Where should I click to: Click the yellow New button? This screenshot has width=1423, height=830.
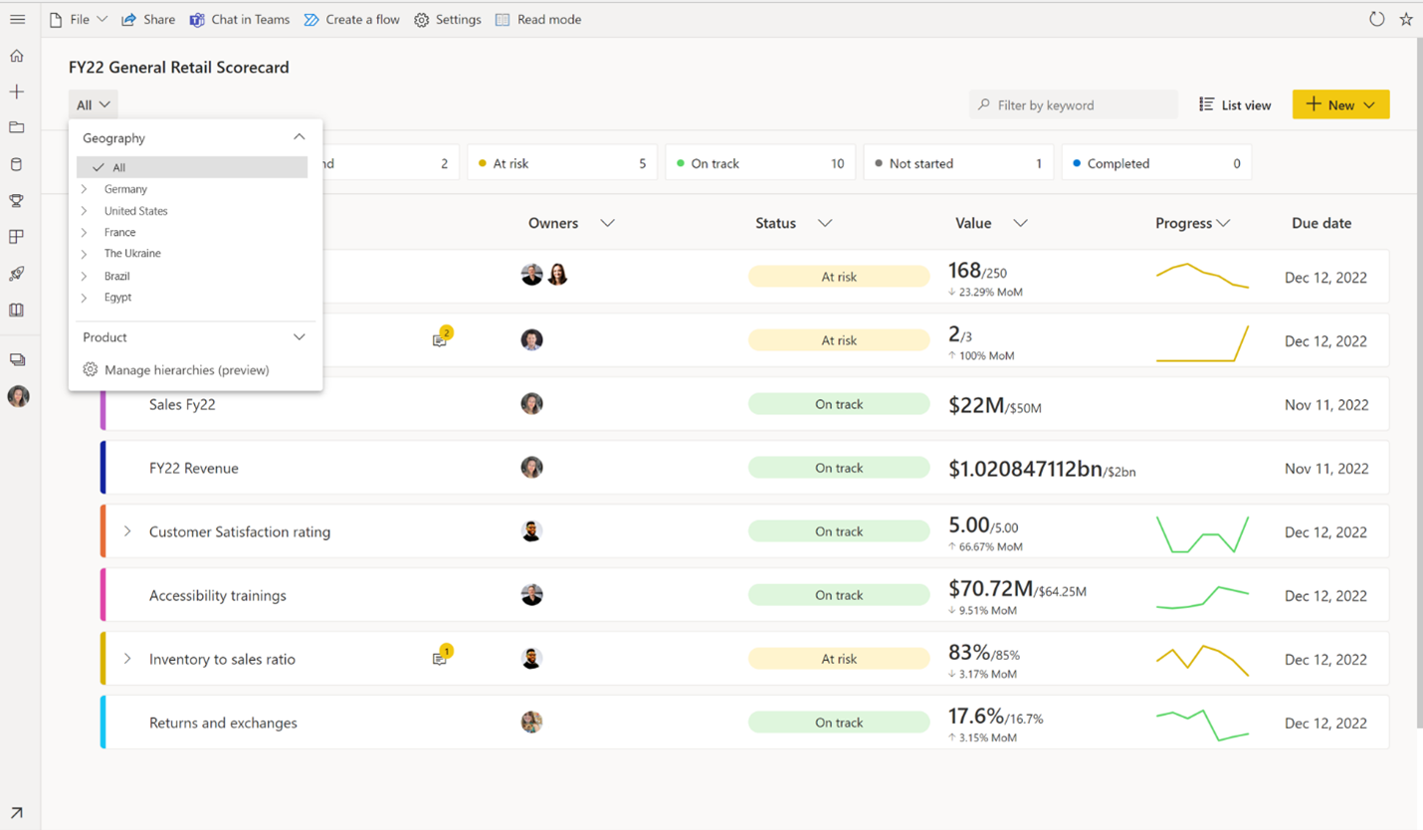coord(1339,104)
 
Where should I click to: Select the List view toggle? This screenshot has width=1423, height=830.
coord(1235,104)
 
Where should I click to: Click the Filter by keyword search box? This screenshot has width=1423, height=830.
coord(1075,104)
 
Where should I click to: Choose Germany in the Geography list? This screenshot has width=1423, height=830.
coord(125,189)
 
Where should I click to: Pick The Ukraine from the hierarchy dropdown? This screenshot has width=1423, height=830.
coord(132,254)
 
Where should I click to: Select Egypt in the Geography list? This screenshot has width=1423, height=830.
coord(117,298)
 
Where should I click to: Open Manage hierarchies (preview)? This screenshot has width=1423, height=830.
coord(186,370)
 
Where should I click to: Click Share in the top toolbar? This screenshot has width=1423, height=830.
coord(148,20)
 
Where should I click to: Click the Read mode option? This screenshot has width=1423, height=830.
coord(538,20)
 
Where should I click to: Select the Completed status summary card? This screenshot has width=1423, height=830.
coord(1155,163)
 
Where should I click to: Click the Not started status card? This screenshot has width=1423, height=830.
coord(957,163)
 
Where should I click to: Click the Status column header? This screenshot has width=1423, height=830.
coord(776,223)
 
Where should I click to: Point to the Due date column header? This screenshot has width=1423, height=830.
coord(1321,223)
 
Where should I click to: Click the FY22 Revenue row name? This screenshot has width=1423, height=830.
coord(193,468)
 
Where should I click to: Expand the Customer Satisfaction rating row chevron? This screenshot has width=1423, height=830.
coord(127,531)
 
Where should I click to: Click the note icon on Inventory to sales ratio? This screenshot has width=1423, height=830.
coord(440,658)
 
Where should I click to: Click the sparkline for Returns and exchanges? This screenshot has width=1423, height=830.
coord(1202,724)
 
